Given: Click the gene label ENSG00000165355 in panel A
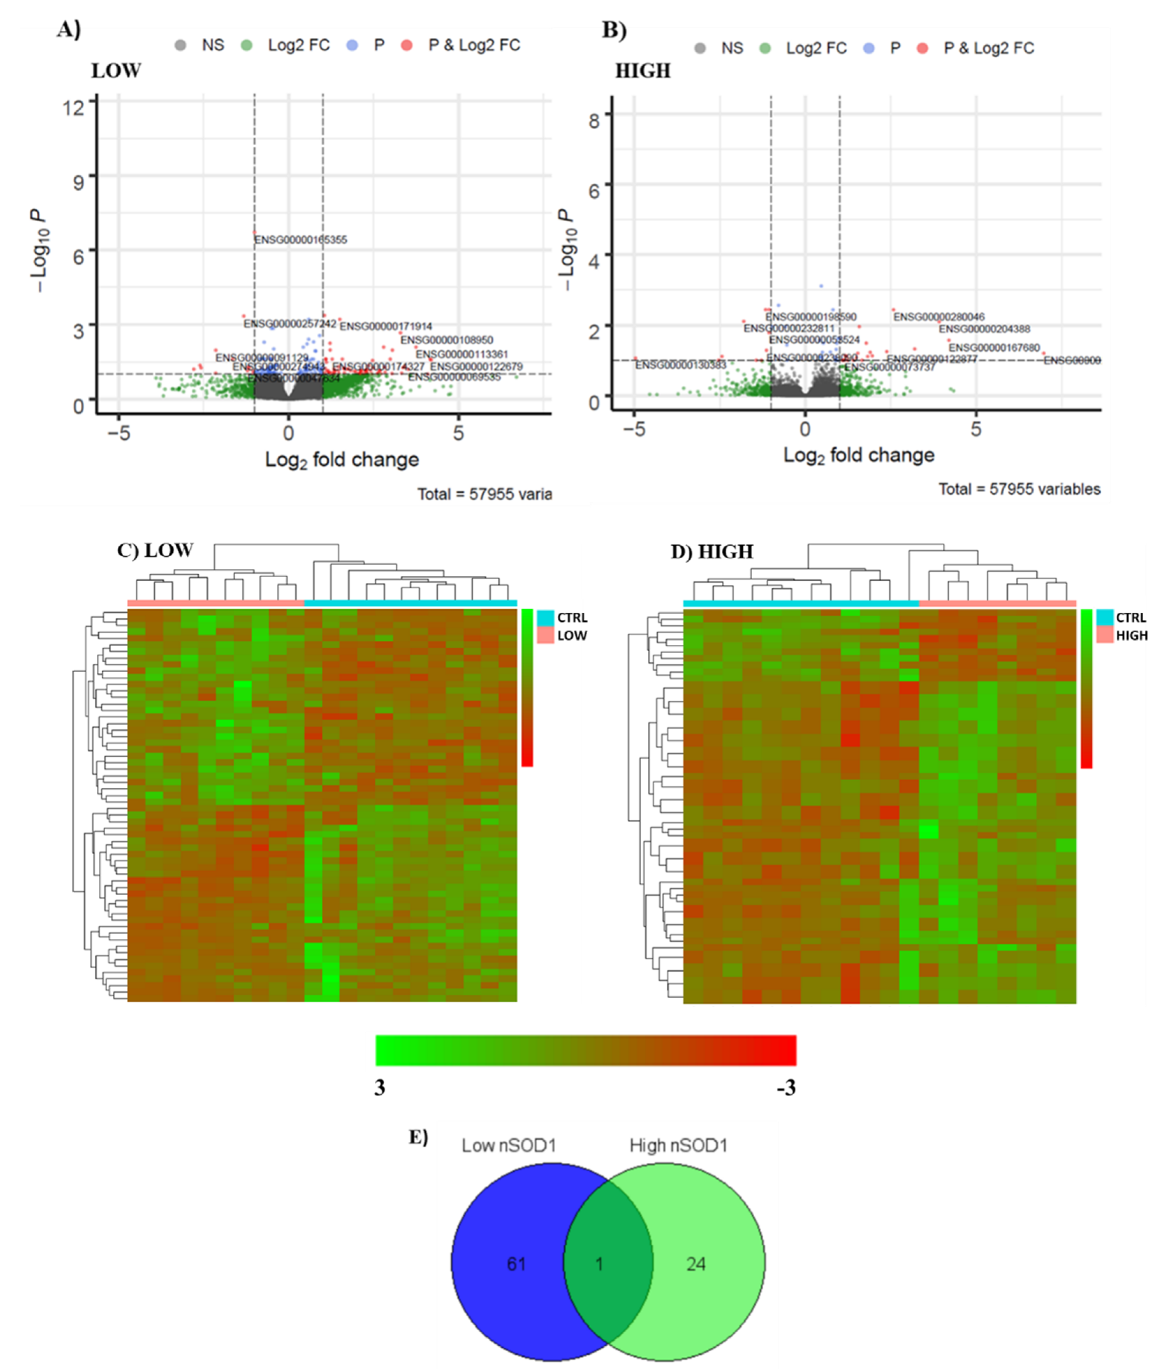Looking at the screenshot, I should tap(301, 240).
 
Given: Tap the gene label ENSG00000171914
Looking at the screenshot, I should tap(386, 326).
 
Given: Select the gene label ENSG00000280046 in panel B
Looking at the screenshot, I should tap(939, 317).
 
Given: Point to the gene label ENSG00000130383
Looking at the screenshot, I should tap(681, 365).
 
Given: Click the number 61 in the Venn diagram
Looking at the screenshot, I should tap(516, 1264).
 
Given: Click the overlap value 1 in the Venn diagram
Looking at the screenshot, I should tap(599, 1264).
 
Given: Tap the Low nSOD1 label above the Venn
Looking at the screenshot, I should tap(509, 1145).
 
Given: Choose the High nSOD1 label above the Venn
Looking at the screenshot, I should tap(678, 1145).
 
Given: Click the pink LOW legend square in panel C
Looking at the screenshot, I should tap(545, 635).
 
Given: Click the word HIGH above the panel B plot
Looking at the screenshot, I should tap(643, 71).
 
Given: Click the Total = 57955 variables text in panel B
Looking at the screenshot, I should tap(1019, 489).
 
